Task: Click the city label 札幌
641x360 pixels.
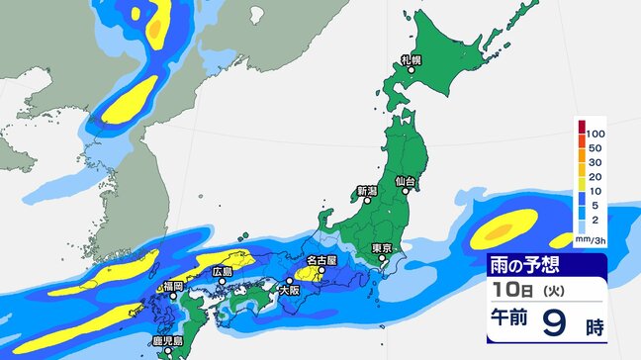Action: [x=411, y=60]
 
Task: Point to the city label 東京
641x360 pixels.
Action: [x=384, y=247]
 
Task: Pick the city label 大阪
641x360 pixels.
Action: [x=288, y=291]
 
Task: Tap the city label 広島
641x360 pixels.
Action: [x=223, y=272]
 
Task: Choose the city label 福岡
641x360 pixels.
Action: [x=174, y=286]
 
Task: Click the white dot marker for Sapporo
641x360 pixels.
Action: [x=406, y=69]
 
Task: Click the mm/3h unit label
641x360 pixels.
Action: [x=591, y=238]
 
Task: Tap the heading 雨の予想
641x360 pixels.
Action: [x=529, y=264]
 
